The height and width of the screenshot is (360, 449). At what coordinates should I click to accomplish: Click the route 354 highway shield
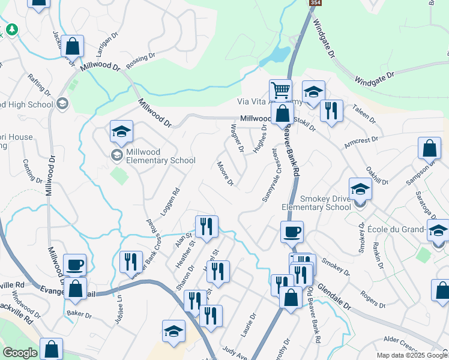pyautogui.click(x=313, y=3)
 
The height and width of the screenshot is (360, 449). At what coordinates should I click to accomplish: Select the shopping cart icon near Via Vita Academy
pyautogui.click(x=280, y=90)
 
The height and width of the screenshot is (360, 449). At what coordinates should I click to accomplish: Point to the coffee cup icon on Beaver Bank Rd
pyautogui.click(x=292, y=232)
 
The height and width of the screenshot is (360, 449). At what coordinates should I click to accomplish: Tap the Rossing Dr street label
pyautogui.click(x=141, y=62)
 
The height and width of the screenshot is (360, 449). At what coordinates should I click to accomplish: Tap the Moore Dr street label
pyautogui.click(x=225, y=173)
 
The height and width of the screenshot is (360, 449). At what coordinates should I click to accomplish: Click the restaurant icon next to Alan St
pyautogui.click(x=206, y=226)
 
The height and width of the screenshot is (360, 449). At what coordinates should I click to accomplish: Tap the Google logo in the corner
pyautogui.click(x=20, y=353)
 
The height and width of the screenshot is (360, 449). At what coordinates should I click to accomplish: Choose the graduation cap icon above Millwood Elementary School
pyautogui.click(x=121, y=131)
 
